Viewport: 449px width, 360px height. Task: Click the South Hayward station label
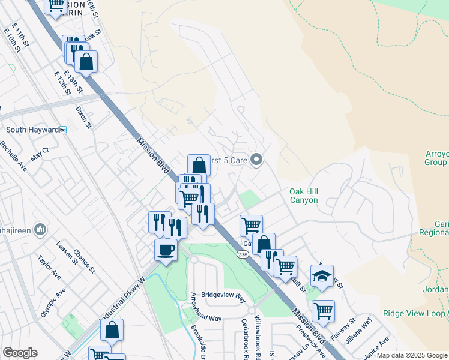pyautogui.click(x=32, y=130)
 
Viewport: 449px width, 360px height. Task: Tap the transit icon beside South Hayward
pyautogui.click(x=63, y=130)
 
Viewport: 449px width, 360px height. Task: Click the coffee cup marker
pyautogui.click(x=166, y=250)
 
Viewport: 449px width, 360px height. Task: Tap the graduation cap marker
pyautogui.click(x=322, y=276)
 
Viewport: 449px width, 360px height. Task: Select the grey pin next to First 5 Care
pyautogui.click(x=257, y=160)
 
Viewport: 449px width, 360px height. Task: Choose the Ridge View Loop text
pyautogui.click(x=414, y=314)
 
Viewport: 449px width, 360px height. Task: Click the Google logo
pyautogui.click(x=20, y=353)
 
